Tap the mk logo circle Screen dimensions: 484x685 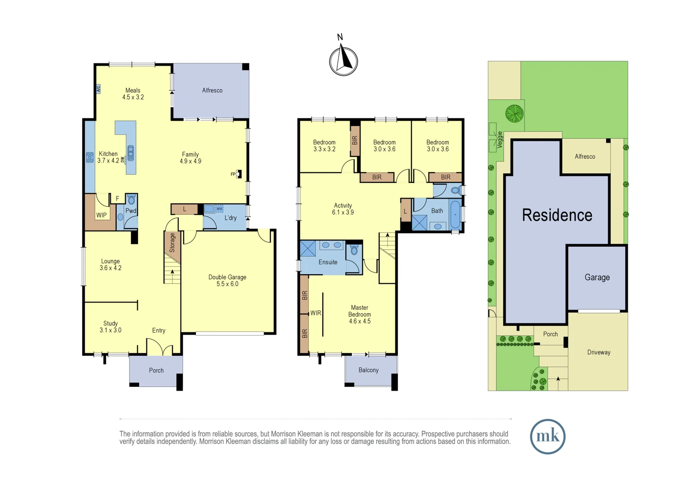(x=547, y=436)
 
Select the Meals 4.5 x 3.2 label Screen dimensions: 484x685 (x=133, y=94)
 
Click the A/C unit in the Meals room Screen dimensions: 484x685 (x=98, y=89)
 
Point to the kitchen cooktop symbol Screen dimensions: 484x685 (x=90, y=157)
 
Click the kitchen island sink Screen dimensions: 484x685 (x=130, y=153)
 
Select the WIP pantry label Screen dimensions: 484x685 (x=102, y=215)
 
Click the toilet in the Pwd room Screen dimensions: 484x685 (x=131, y=199)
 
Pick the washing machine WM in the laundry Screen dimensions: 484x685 (x=219, y=209)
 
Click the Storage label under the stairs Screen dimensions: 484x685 (x=172, y=242)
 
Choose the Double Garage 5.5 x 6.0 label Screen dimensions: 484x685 (x=227, y=281)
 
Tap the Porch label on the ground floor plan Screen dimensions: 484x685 (x=156, y=370)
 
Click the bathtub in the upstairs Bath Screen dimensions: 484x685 (x=455, y=215)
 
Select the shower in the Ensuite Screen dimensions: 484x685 (x=308, y=248)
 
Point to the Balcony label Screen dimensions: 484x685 (x=369, y=370)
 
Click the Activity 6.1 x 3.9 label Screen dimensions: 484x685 (x=343, y=209)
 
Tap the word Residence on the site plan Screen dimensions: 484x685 (x=557, y=215)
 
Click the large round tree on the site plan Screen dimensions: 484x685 (x=514, y=113)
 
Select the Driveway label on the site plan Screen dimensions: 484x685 (x=598, y=352)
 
